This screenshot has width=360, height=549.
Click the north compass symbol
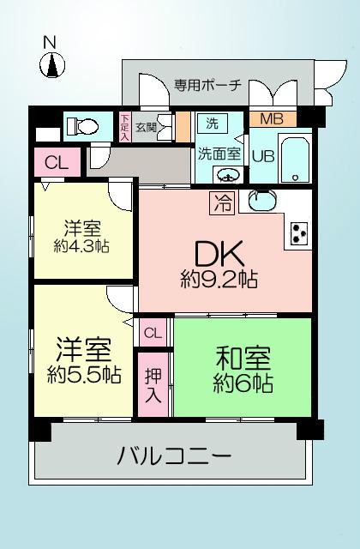click(x=53, y=63)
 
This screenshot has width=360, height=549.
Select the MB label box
click(x=272, y=118)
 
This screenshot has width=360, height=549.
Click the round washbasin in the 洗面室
click(x=226, y=177)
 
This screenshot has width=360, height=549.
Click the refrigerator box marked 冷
click(x=221, y=202)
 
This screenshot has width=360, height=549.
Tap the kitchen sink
click(x=262, y=201)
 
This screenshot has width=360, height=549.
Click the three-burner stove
click(x=300, y=233)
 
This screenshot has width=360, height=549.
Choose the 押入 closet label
click(x=153, y=385)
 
